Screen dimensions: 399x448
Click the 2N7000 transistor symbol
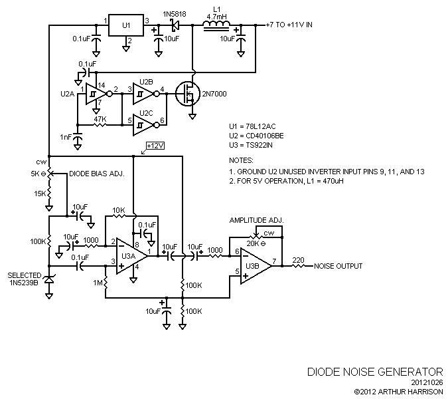188,94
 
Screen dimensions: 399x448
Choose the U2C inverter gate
143,124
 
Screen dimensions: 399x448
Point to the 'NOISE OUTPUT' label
338,266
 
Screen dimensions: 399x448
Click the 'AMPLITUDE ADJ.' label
257,219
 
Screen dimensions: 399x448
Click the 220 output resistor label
298,259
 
